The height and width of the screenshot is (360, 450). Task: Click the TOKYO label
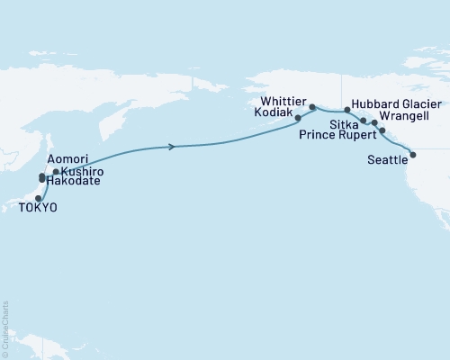coord(37,208)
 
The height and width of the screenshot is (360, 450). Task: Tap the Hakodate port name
coord(69,181)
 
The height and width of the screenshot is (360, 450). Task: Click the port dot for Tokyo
coord(39,198)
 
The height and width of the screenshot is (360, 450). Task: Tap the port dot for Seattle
coord(413,156)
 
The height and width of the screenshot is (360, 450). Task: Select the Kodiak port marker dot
coord(297,118)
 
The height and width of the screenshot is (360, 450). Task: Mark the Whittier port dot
coord(312,107)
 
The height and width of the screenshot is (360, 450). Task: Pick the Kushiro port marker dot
coord(56,171)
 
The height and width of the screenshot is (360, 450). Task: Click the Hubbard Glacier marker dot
coord(347,109)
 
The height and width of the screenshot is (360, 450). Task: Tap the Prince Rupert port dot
coord(383,131)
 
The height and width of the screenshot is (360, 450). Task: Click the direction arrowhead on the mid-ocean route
coord(170,146)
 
